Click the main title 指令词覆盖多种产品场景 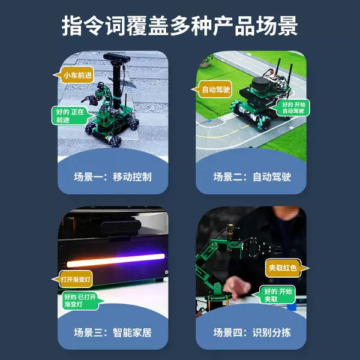tap(180, 26)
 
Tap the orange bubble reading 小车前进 tap(77, 76)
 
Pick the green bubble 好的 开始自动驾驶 tap(293, 108)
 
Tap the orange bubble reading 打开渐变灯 tap(77, 279)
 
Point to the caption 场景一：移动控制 tap(112, 177)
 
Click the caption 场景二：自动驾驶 tap(251, 177)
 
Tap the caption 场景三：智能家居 tap(112, 332)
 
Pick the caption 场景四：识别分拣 tap(251, 332)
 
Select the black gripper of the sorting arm tap(264, 247)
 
